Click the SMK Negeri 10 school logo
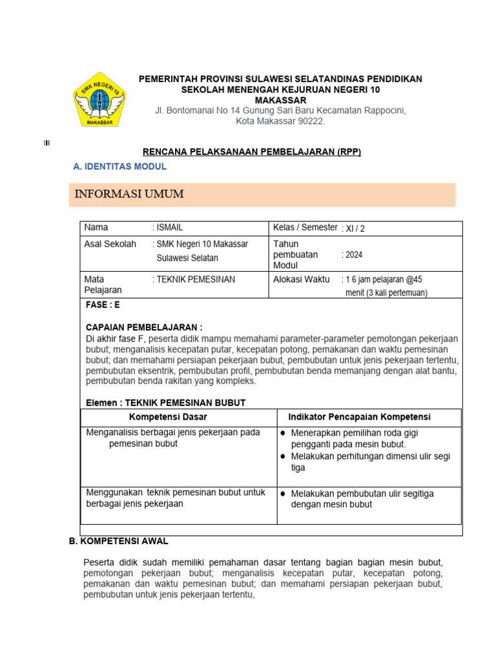[99, 100]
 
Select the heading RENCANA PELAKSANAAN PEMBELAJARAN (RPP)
[251, 152]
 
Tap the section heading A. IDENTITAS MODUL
[120, 167]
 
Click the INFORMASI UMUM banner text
[129, 194]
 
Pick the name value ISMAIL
[170, 227]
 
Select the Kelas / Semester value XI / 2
[357, 228]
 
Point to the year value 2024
[354, 255]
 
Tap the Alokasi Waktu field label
[302, 280]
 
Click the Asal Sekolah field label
[110, 244]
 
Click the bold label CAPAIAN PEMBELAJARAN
[143, 327]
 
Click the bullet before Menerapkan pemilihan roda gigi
[283, 433]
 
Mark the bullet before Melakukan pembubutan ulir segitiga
[283, 494]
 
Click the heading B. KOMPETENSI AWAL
[118, 541]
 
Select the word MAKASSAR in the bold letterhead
[280, 100]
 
